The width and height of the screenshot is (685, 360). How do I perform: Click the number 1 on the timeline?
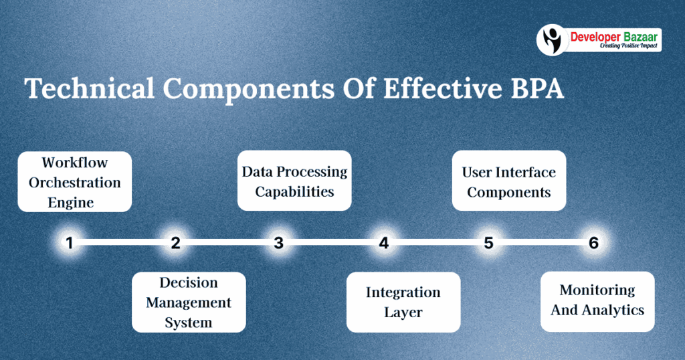click(69, 243)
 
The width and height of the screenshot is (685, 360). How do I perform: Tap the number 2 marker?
click(175, 243)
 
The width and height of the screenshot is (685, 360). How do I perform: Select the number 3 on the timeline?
click(278, 243)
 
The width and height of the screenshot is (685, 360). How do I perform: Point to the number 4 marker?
click(383, 243)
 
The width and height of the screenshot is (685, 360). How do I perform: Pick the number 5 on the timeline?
click(488, 243)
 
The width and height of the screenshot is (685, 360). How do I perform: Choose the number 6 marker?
click(593, 243)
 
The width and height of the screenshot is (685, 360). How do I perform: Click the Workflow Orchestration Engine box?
click(74, 182)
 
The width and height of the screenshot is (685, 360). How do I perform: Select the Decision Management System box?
click(189, 302)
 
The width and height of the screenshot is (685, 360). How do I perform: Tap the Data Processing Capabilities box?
click(294, 181)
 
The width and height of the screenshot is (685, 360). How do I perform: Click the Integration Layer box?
click(403, 302)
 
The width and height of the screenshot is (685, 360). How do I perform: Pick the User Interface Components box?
click(509, 181)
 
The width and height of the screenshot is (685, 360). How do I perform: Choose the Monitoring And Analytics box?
click(597, 300)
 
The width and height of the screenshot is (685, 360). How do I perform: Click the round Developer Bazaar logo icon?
click(552, 39)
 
